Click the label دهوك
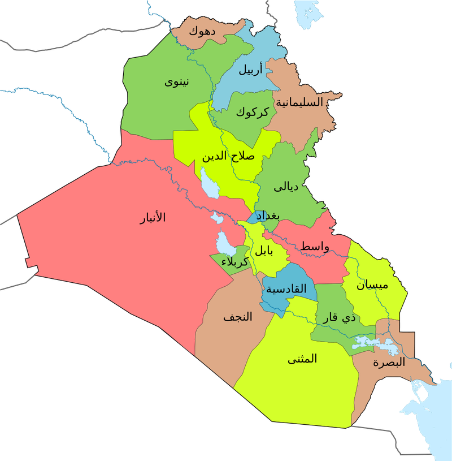pyautogui.click(x=201, y=30)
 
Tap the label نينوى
pyautogui.click(x=177, y=83)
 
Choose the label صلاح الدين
pyautogui.click(x=228, y=156)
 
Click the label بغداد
pyautogui.click(x=268, y=216)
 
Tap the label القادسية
pyautogui.click(x=286, y=289)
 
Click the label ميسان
pyautogui.click(x=372, y=286)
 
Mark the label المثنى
pyautogui.click(x=302, y=359)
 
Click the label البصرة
pyautogui.click(x=389, y=363)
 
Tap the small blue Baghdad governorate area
pyautogui.click(x=253, y=217)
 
